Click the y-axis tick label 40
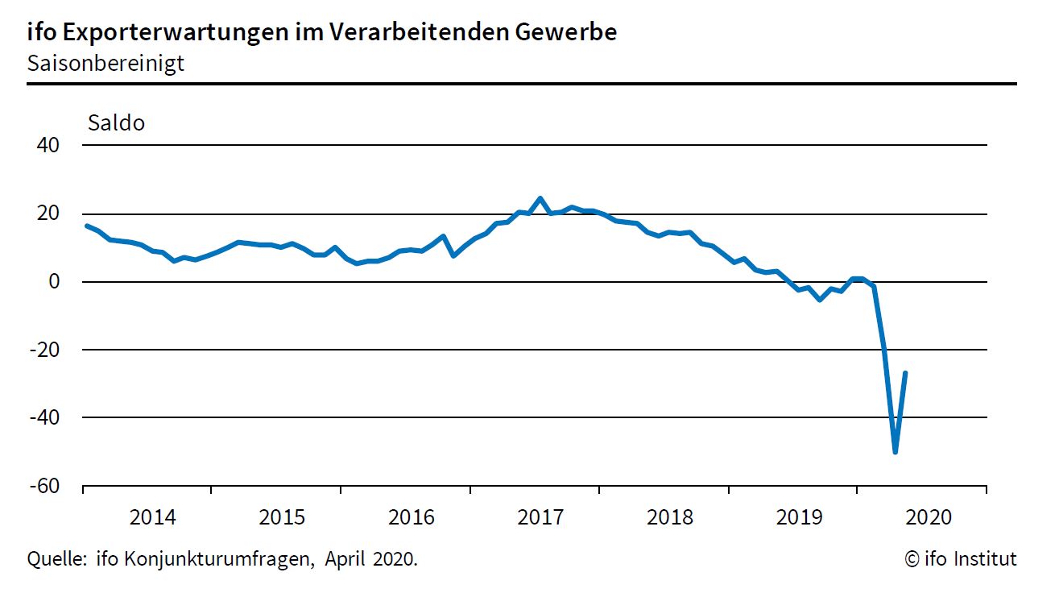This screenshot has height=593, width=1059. [48, 146]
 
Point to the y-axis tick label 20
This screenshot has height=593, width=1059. [48, 214]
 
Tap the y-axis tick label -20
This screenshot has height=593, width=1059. [43, 350]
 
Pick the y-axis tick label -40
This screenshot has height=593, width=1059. [43, 417]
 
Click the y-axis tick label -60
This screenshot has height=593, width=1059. [43, 486]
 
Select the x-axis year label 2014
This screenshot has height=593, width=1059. [152, 517]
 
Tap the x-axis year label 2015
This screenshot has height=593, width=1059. [282, 517]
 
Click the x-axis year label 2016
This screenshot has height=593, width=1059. [411, 517]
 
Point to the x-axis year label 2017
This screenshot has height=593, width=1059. [540, 517]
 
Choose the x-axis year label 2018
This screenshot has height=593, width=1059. [669, 517]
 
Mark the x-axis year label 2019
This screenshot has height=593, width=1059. [799, 517]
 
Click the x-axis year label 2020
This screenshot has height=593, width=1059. [928, 517]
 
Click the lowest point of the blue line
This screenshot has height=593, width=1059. [895, 452]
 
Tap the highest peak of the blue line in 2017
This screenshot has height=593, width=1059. [540, 198]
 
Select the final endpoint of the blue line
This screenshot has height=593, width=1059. [906, 372]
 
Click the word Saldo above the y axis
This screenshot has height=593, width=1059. [116, 123]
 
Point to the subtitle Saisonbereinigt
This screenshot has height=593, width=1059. [105, 63]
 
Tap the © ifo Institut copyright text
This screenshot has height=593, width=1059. [961, 558]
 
